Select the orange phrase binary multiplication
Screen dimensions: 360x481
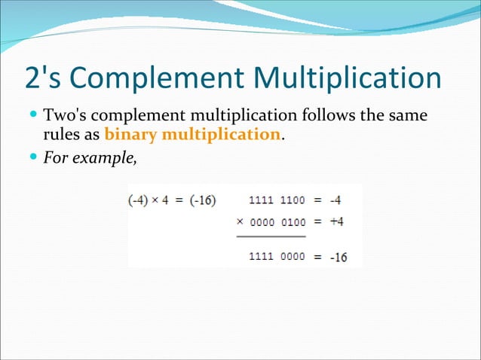pyautogui.click(x=193, y=136)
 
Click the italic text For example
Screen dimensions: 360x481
pyautogui.click(x=90, y=158)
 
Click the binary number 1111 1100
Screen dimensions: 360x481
pyautogui.click(x=277, y=201)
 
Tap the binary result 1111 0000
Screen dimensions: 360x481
pyautogui.click(x=277, y=256)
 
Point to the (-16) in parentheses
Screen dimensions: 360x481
pyautogui.click(x=202, y=201)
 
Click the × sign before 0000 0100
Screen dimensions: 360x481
pyautogui.click(x=240, y=222)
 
